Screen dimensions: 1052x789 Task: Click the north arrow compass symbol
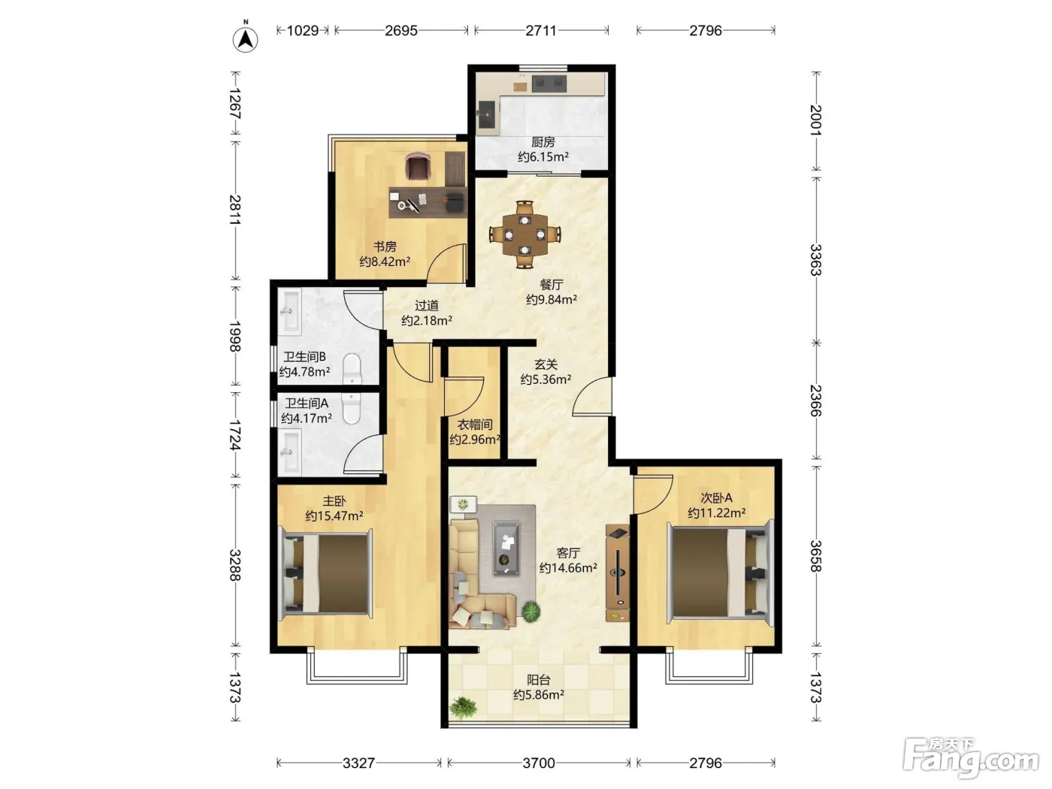pos(245,38)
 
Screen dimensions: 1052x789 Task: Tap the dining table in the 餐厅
pos(524,234)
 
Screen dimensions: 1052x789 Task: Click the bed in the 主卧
pos(325,574)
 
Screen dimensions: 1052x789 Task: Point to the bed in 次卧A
pos(721,573)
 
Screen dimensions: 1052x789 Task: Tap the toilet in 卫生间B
pos(352,369)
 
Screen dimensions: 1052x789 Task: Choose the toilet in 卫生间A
pos(352,408)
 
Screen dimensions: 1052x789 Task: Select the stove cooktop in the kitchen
pos(549,83)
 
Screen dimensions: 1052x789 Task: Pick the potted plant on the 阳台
pos(464,707)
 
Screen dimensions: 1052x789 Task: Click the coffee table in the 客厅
pos(506,549)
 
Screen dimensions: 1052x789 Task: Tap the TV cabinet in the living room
pos(618,573)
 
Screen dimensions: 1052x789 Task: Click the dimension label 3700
pos(539,763)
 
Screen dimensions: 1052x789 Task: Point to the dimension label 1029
pos(303,31)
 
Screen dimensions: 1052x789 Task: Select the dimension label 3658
pos(816,556)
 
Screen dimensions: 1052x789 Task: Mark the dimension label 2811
pos(235,210)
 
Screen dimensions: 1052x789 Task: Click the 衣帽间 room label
pos(474,425)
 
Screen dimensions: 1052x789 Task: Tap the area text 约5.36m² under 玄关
pos(546,380)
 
